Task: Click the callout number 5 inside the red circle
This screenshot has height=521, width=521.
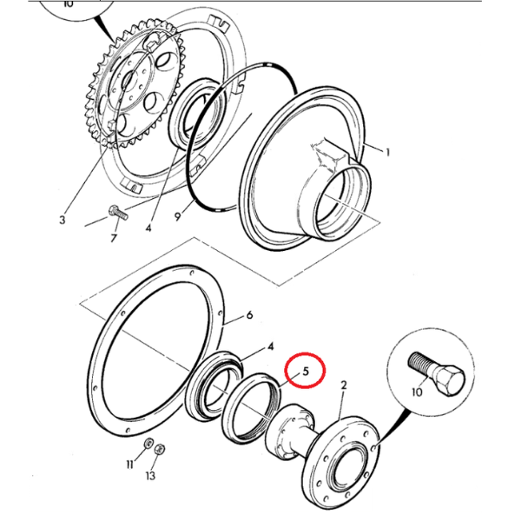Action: click(x=306, y=371)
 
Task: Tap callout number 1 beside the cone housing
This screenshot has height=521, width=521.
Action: click(x=387, y=153)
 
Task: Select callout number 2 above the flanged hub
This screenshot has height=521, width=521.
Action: click(x=344, y=386)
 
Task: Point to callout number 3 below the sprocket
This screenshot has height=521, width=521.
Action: click(x=63, y=220)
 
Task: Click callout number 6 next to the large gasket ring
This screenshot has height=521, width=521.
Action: click(x=249, y=314)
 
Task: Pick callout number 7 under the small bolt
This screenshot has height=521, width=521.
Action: click(x=114, y=238)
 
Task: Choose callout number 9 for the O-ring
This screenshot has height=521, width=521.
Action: click(x=178, y=216)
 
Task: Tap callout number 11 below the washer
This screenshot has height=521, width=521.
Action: click(x=130, y=464)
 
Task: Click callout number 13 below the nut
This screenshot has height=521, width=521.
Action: click(x=150, y=476)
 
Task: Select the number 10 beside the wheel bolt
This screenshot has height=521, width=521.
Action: click(x=417, y=392)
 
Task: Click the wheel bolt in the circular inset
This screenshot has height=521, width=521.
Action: click(x=436, y=373)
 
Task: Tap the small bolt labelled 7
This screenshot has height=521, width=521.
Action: click(x=118, y=213)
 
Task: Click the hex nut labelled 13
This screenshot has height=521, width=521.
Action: click(x=160, y=449)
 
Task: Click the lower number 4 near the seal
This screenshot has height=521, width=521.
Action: click(x=271, y=346)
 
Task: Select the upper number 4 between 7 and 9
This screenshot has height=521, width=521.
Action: click(x=148, y=228)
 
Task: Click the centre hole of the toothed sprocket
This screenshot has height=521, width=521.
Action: click(x=129, y=81)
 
